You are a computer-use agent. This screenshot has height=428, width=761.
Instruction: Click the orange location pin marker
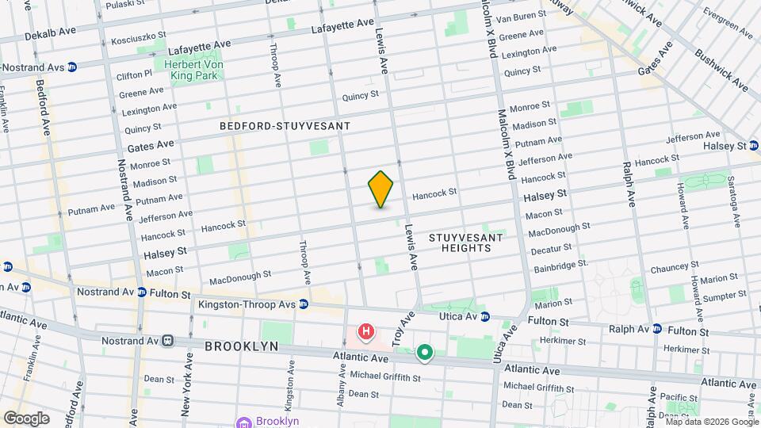click(381, 189)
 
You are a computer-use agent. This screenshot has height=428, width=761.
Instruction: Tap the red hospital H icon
click(365, 331)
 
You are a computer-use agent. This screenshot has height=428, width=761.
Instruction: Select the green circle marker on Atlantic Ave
click(425, 353)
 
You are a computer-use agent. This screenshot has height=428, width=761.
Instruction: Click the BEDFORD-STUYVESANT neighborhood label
click(285, 126)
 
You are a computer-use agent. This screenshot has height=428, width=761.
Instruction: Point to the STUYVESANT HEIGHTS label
click(460, 243)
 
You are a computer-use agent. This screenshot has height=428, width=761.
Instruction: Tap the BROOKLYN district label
click(242, 346)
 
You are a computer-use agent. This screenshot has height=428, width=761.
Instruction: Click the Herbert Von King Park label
click(194, 70)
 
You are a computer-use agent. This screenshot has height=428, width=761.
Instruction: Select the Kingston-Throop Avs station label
click(252, 304)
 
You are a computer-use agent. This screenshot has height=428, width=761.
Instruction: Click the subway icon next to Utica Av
click(484, 316)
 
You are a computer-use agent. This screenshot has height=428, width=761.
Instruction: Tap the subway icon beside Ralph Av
click(656, 330)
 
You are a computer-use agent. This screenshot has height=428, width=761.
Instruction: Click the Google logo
click(25, 418)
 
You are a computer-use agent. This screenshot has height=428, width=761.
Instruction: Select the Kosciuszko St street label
click(139, 37)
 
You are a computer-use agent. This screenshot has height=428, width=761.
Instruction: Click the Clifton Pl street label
click(133, 75)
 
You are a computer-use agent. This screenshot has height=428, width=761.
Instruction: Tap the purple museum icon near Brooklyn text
click(243, 421)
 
